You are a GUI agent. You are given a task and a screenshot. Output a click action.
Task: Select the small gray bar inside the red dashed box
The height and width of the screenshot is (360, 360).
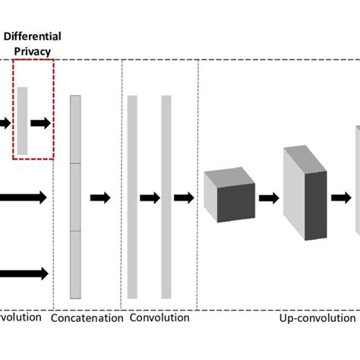click(x=23, y=122)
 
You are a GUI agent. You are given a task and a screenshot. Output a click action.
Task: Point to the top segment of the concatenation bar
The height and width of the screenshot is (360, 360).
click(x=74, y=129)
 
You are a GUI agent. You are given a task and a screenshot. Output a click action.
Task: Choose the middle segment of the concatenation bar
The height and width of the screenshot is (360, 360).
click(x=74, y=197)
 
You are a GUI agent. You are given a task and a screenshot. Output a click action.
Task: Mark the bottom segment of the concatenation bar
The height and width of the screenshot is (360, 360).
click(x=74, y=264)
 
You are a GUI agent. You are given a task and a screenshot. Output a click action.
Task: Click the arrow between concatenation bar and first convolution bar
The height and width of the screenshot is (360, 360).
click(x=100, y=197)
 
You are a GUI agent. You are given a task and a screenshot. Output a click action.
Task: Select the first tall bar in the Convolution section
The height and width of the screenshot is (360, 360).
click(x=132, y=197)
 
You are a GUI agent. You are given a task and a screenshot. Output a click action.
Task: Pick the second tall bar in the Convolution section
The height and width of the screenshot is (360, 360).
click(x=166, y=197)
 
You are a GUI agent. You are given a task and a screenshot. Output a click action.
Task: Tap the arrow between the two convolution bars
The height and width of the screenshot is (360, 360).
click(x=150, y=197)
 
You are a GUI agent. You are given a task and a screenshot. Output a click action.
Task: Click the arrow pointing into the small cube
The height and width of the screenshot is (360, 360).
click(x=184, y=197)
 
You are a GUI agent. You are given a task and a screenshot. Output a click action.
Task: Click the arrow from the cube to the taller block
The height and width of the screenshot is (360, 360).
click(x=269, y=198)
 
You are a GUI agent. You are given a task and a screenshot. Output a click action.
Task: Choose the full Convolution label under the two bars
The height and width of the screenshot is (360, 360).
click(x=159, y=318)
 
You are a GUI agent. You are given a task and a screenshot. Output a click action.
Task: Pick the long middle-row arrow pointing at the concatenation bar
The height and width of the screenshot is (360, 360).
click(x=23, y=197)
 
